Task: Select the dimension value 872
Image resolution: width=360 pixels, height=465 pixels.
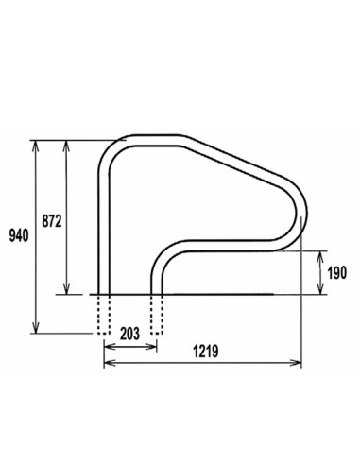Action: click(53, 221)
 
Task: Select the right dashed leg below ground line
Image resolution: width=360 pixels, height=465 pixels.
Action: click(157, 314)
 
